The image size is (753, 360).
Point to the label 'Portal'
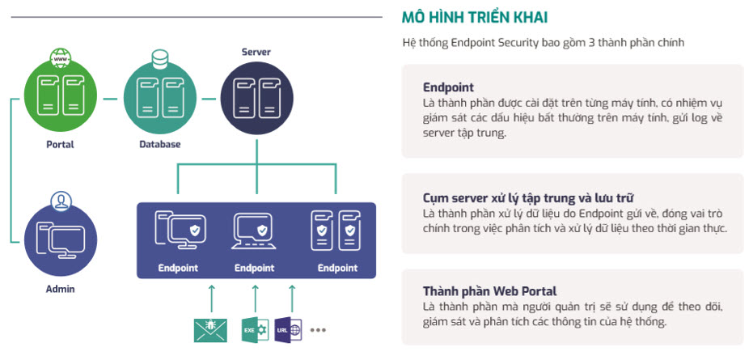(x=60, y=145)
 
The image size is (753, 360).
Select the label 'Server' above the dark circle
(x=256, y=53)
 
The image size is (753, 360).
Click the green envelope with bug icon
(x=210, y=330)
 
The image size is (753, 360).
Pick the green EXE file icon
(x=255, y=330)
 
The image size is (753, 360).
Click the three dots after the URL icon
(x=318, y=330)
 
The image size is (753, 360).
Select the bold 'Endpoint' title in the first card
(x=448, y=87)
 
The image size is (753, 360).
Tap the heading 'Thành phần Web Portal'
(x=489, y=291)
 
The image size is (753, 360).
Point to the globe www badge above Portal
(x=60, y=58)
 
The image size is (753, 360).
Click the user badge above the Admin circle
(x=59, y=199)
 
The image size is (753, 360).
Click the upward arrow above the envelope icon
(x=210, y=297)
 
